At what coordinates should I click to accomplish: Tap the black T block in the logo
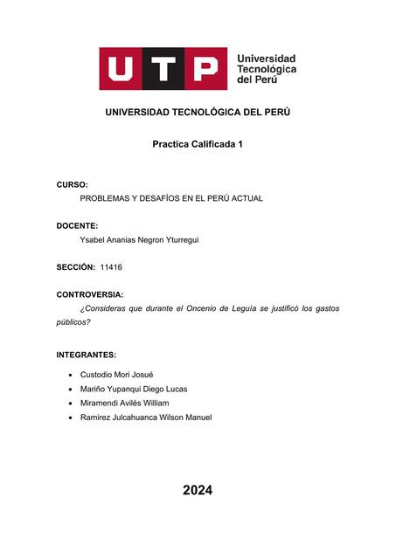click(163, 69)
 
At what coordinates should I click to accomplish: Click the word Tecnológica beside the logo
click(267, 69)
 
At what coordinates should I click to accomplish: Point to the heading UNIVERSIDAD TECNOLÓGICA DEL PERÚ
click(198, 113)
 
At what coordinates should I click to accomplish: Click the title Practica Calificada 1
click(198, 143)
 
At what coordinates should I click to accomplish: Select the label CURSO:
click(72, 185)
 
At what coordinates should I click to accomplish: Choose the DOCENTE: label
click(77, 225)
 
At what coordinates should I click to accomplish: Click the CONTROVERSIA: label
click(89, 294)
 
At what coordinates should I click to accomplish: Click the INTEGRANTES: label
click(86, 355)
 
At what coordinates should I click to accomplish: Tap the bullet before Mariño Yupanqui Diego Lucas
click(69, 389)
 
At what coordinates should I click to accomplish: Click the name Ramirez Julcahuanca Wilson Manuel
click(145, 418)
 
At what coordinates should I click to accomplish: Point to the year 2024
click(198, 491)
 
